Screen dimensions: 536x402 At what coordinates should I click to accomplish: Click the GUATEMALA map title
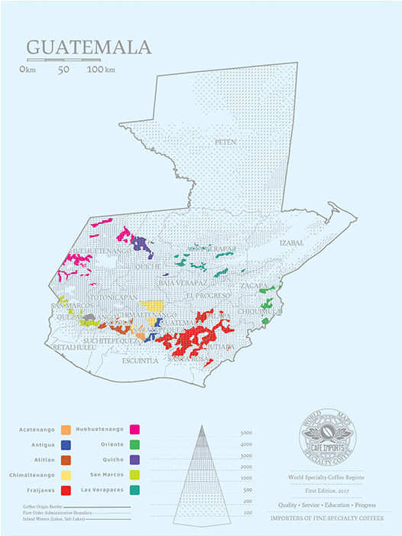pos(89,47)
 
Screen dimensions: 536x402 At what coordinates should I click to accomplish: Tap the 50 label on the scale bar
pos(63,70)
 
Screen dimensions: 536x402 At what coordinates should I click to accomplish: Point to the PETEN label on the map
pos(225,142)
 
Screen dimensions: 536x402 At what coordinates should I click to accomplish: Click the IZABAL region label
pos(291,242)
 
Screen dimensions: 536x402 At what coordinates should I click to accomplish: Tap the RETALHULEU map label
pos(73,347)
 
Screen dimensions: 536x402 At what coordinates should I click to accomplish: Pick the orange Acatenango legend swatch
pos(66,430)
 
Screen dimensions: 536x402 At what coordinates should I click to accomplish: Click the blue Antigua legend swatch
pos(66,444)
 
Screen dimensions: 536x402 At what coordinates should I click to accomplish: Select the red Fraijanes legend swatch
pos(66,489)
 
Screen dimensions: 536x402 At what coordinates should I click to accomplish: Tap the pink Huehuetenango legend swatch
pos(135,430)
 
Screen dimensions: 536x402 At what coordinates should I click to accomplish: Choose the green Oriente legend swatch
pos(135,444)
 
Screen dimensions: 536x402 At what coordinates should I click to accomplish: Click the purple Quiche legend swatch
pos(135,460)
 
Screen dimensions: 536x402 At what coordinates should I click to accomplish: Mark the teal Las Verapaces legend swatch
pos(135,489)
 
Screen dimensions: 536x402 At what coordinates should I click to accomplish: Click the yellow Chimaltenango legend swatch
pos(66,475)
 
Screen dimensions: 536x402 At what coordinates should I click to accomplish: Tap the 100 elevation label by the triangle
pos(247,512)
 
